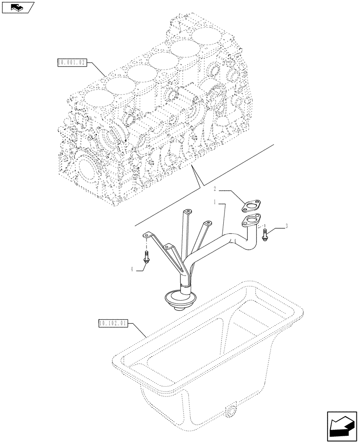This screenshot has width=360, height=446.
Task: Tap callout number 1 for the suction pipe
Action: [x=215, y=202]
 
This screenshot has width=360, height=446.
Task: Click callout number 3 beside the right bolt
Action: [x=287, y=227]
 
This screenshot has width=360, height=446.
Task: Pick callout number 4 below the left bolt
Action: [x=132, y=269]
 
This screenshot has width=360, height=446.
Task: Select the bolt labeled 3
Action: [x=265, y=235]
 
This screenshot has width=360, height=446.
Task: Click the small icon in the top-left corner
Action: [x=17, y=7]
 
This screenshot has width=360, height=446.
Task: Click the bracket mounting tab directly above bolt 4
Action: [x=147, y=235]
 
